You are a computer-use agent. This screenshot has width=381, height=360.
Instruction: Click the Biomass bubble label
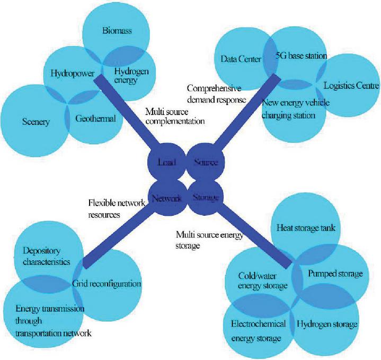point(116,31)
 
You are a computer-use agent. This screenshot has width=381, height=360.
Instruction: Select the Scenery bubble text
point(36,122)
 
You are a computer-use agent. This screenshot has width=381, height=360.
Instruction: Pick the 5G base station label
point(302,55)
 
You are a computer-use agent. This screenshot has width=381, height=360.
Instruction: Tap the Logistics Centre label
point(351,85)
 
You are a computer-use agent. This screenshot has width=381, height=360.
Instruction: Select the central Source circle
point(204,162)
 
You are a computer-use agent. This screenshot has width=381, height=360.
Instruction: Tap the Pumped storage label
point(335,274)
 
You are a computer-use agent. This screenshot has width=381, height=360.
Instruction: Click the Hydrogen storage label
point(326,324)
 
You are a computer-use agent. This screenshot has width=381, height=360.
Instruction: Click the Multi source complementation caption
point(168,116)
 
